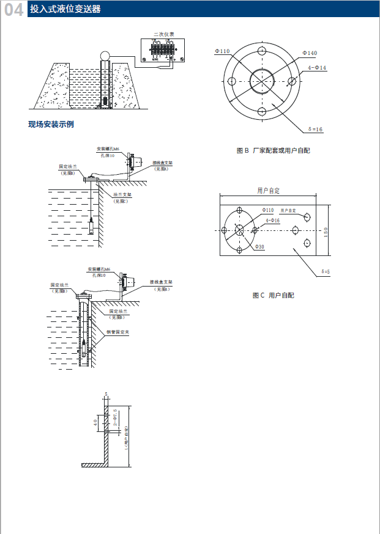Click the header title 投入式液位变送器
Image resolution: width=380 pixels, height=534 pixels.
65,10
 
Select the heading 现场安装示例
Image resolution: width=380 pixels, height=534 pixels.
51,124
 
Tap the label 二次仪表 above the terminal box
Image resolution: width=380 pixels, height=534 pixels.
163,34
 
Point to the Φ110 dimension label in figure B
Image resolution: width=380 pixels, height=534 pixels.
222,51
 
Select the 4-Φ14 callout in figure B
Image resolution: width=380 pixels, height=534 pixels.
317,67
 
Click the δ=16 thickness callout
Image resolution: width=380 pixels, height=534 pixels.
316,130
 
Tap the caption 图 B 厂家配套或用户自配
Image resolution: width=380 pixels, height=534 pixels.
274,150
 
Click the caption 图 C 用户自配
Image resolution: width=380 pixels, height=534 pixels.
273,295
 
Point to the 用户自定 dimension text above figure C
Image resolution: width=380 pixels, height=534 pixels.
268,191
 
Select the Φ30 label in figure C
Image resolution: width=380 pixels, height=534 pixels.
259,247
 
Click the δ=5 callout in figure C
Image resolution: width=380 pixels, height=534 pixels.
325,271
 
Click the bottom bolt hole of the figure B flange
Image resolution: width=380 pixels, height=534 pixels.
261,111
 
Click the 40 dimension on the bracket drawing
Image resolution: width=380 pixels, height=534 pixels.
95,422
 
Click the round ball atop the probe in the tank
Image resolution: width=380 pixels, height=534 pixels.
106,56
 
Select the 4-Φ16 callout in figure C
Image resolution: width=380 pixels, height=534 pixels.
272,220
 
